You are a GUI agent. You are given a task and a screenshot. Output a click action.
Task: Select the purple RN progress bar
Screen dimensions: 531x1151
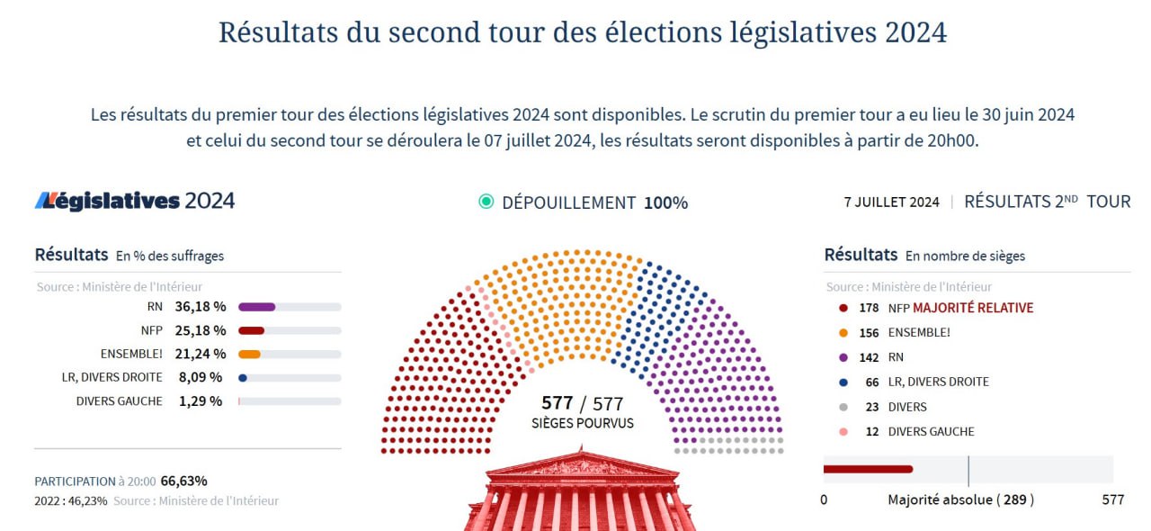tap(257, 307)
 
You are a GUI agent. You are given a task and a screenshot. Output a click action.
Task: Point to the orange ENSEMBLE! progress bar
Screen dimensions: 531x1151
tap(250, 354)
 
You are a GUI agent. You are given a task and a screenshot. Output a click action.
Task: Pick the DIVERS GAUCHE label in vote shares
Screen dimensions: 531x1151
tap(120, 401)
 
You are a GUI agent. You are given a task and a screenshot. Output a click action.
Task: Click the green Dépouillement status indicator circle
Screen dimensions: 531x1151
tap(486, 202)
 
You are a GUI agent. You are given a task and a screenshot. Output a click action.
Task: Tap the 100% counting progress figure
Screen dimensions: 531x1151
tap(665, 202)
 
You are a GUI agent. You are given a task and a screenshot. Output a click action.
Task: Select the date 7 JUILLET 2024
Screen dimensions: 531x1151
tap(891, 202)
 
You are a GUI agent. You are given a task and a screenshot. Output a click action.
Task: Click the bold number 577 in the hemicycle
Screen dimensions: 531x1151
tap(557, 402)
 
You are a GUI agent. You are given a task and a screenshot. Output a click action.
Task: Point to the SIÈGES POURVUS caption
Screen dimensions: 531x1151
tap(583, 423)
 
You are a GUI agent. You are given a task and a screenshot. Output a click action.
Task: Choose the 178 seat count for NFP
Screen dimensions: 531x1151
tap(870, 308)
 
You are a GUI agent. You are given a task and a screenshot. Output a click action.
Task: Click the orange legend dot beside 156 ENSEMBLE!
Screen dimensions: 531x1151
tap(843, 332)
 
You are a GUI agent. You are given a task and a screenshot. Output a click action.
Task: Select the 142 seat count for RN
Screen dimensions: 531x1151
tap(870, 357)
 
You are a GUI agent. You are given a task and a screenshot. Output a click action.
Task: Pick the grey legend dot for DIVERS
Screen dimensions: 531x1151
tap(843, 407)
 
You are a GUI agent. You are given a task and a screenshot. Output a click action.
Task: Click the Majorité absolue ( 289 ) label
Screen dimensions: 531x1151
tap(960, 499)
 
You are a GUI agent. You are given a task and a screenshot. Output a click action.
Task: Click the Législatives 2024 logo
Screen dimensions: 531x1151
tap(135, 201)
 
